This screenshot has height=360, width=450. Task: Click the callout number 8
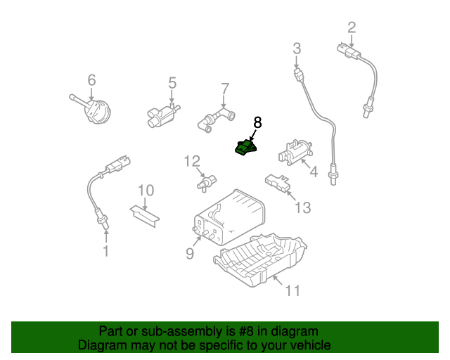[257, 122]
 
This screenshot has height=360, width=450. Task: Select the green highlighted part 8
[245, 148]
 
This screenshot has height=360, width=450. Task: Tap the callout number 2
[352, 28]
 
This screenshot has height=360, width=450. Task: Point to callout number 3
[297, 49]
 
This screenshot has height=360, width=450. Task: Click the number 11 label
[292, 290]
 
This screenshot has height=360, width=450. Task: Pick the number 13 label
[302, 207]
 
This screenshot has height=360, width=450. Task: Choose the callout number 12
[192, 162]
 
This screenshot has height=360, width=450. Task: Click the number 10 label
[146, 190]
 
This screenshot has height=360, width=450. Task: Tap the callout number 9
[189, 253]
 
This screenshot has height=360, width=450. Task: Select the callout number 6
[91, 80]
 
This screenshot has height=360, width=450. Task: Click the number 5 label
[172, 83]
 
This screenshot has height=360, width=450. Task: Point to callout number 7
[225, 89]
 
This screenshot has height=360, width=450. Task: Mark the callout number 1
[106, 250]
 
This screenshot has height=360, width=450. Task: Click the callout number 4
[314, 171]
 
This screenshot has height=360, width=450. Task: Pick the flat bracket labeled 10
[146, 215]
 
